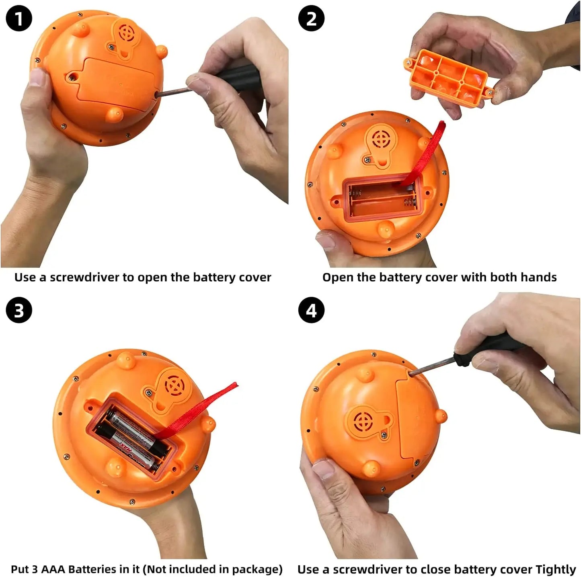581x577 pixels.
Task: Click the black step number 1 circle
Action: (x=18, y=18)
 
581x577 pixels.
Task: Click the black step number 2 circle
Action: (x=311, y=18)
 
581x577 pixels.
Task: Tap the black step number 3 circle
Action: (x=18, y=310)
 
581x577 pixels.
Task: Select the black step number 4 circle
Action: (x=311, y=310)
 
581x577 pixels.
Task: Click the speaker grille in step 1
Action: (x=126, y=33)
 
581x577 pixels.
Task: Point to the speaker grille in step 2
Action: (x=380, y=139)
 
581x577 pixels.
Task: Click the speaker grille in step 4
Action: (x=363, y=421)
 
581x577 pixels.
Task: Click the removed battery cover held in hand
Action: (x=449, y=78)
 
